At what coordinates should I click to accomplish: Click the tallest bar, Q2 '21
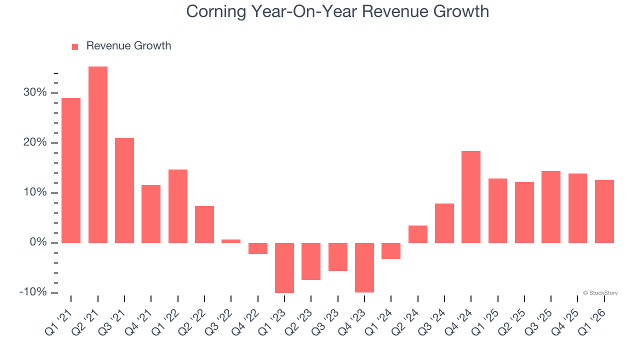pyautogui.click(x=98, y=154)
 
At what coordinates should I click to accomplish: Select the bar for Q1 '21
pyautogui.click(x=71, y=170)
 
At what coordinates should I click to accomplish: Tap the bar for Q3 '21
pyautogui.click(x=124, y=190)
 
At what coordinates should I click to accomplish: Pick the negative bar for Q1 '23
pyautogui.click(x=284, y=267)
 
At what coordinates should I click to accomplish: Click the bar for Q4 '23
pyautogui.click(x=364, y=267)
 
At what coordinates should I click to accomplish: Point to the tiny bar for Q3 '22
pyautogui.click(x=231, y=241)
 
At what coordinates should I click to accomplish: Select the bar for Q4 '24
pyautogui.click(x=471, y=196)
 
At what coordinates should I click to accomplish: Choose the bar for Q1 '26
pyautogui.click(x=604, y=211)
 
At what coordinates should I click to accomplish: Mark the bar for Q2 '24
pyautogui.click(x=418, y=234)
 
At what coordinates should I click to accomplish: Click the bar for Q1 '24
pyautogui.click(x=391, y=250)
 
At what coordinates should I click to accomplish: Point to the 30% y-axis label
pyautogui.click(x=34, y=92)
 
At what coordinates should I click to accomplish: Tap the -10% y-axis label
pyautogui.click(x=33, y=292)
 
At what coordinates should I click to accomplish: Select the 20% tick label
pyautogui.click(x=34, y=142)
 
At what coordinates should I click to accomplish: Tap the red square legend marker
pyautogui.click(x=75, y=46)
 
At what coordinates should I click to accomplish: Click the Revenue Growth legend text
pyautogui.click(x=128, y=46)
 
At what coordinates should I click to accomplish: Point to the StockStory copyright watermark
pyautogui.click(x=600, y=293)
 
